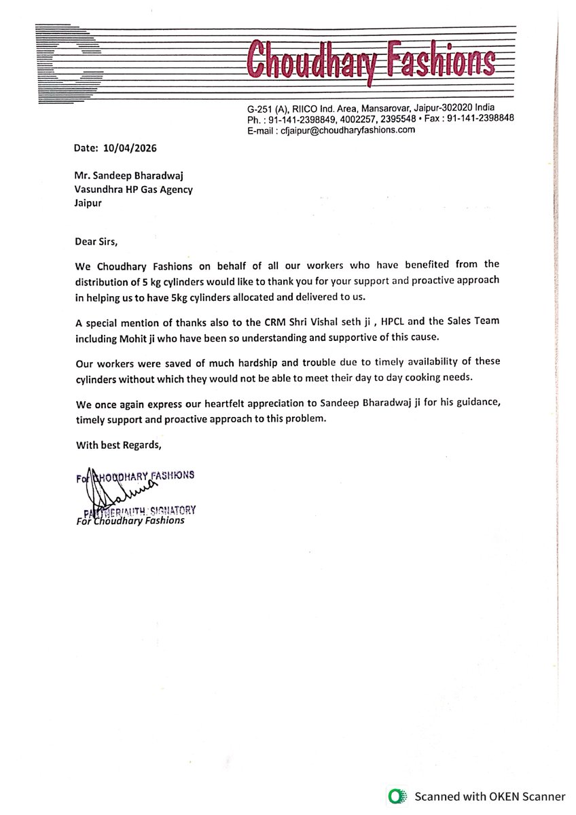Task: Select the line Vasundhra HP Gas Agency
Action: point(133,189)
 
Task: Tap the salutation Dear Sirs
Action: point(101,240)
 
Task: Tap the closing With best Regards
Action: point(119,446)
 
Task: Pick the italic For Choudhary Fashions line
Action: point(130,520)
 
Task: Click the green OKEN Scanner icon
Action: point(396,797)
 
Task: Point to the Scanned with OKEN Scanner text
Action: point(490,797)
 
